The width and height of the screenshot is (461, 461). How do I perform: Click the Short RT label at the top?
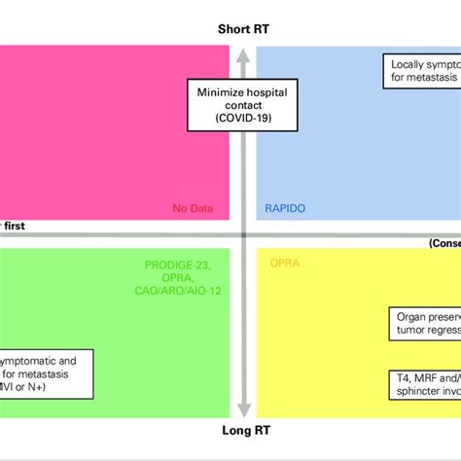point(243,29)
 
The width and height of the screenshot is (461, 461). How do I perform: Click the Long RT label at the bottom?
point(243,431)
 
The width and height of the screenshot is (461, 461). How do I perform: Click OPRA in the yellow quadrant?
point(283,263)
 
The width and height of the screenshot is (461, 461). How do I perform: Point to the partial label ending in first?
point(14,226)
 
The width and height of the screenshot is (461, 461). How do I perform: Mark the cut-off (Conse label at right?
point(444,243)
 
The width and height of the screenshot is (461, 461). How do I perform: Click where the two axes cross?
point(244,234)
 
